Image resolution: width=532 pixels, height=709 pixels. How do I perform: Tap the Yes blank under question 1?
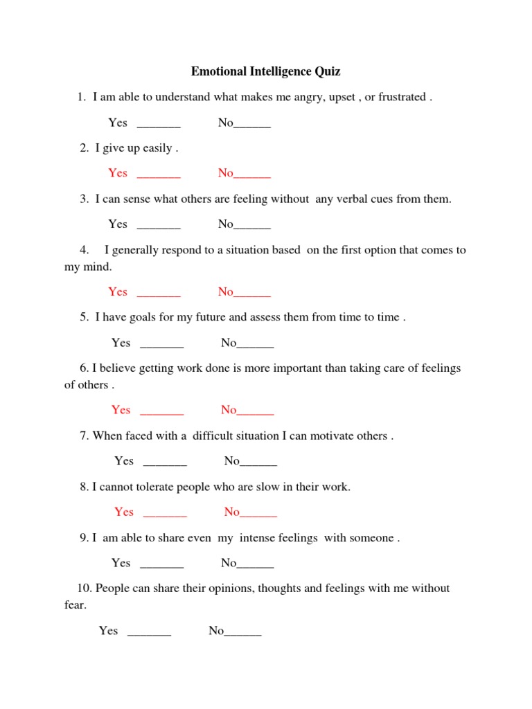[159, 125]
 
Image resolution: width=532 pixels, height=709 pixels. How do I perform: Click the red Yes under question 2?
[118, 173]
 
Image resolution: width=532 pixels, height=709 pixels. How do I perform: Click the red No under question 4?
[226, 291]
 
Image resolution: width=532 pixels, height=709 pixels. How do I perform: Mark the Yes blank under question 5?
[162, 345]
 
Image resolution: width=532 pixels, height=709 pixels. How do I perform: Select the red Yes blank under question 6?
[162, 412]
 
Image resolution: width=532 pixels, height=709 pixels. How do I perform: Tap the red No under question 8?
[232, 512]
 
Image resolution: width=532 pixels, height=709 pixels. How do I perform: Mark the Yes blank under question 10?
[150, 633]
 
